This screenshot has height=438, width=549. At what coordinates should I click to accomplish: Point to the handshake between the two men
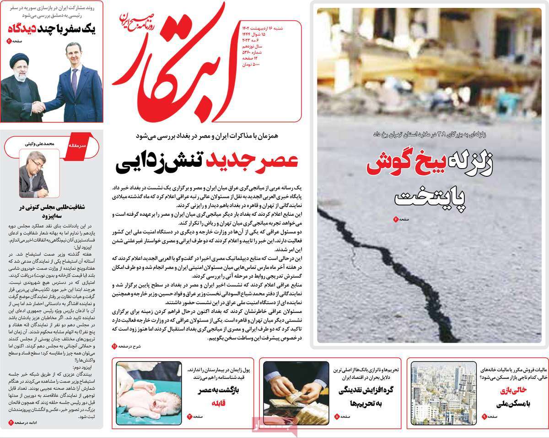38,107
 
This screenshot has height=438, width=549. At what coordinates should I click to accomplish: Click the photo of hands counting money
296,394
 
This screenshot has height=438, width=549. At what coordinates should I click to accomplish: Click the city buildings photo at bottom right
443,394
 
